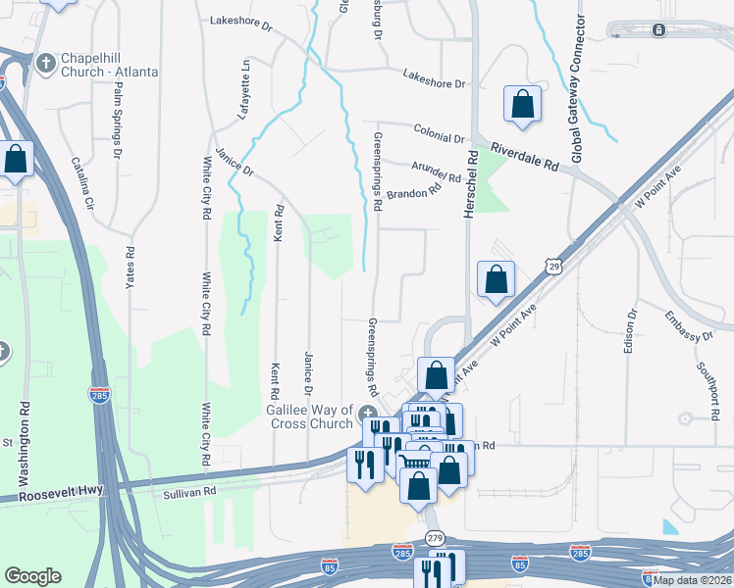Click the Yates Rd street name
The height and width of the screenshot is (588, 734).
coord(129,266)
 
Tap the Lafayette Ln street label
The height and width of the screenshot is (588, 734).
coord(245,89)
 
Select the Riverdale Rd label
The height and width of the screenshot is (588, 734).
coord(523,160)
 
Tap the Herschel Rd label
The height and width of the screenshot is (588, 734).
coord(472,184)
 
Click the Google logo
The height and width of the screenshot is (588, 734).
coord(33,576)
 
